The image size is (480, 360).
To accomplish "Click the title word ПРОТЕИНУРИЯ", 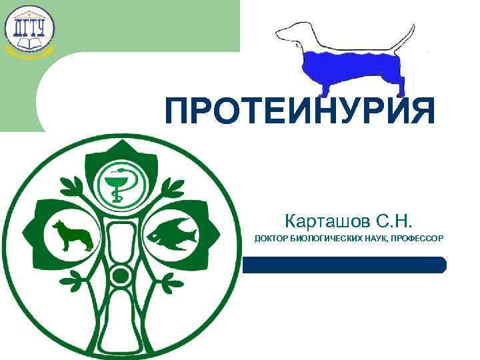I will [300, 111].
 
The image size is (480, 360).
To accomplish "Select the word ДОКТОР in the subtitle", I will [272, 239].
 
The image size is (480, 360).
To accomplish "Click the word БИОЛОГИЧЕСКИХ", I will [326, 239].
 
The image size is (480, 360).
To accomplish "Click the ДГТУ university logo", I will [29, 29].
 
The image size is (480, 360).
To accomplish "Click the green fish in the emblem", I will [172, 233].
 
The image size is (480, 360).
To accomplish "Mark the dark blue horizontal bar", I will [343, 265].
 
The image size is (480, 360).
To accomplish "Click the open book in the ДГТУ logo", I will [29, 44].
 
